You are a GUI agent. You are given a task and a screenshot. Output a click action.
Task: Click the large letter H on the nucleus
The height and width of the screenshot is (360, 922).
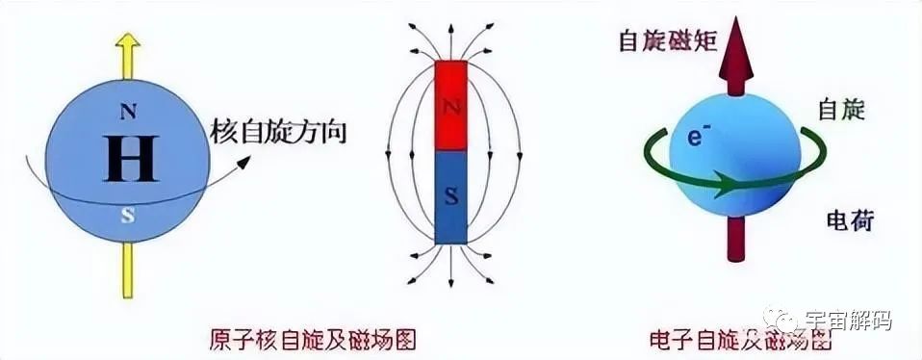(131, 157)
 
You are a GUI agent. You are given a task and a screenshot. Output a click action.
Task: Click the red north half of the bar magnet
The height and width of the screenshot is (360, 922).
(449, 106)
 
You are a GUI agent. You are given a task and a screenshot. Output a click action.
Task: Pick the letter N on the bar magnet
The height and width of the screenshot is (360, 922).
(449, 109)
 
